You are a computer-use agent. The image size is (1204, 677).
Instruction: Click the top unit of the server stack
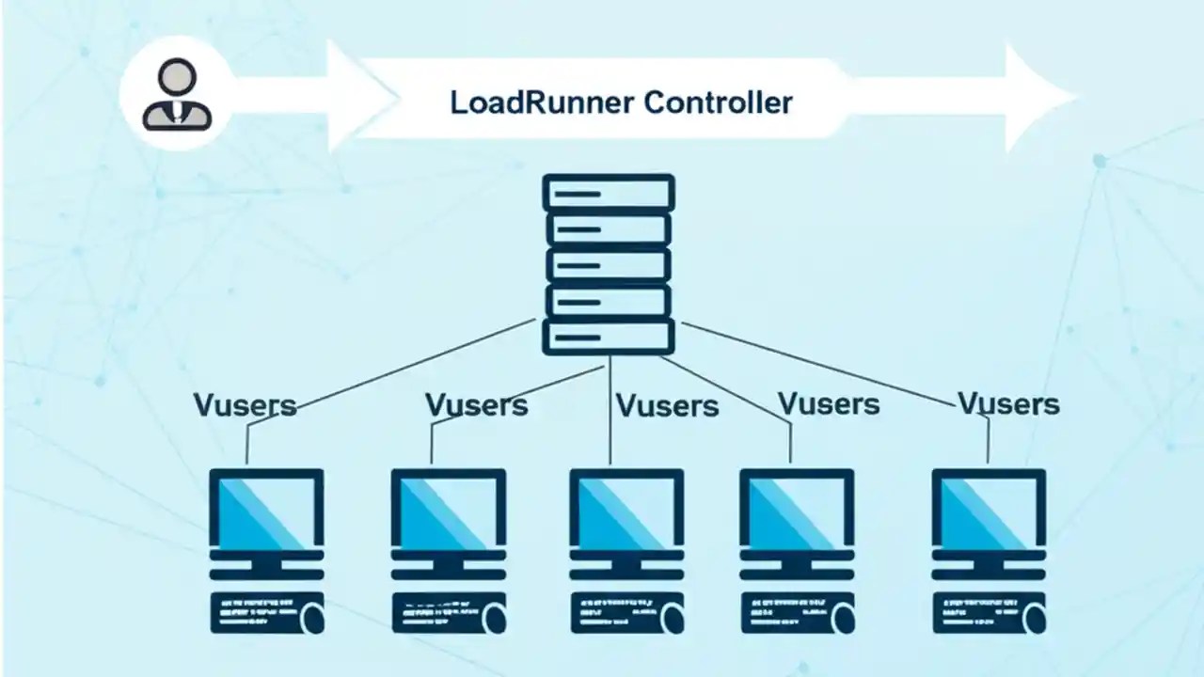[609, 193]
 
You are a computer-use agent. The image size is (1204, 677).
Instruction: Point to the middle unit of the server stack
[609, 265]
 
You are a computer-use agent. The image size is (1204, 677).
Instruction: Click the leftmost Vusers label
[245, 405]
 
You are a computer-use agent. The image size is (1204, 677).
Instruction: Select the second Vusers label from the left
[476, 405]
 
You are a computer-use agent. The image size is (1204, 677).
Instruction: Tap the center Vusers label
[667, 406]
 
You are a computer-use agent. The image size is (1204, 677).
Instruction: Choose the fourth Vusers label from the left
[829, 404]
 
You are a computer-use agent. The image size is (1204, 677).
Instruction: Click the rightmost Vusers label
[1008, 404]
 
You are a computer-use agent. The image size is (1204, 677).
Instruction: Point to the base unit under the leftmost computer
[267, 612]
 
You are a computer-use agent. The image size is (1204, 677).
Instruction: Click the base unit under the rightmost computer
[990, 612]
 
